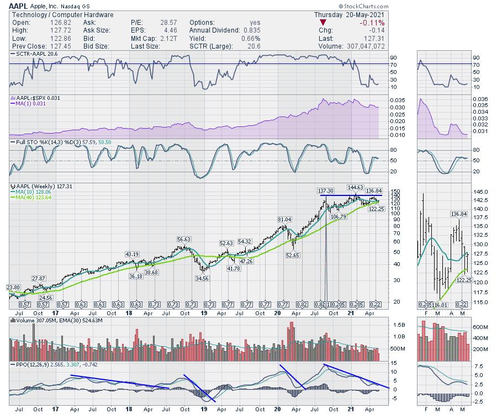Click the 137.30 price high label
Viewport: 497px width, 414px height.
point(326,191)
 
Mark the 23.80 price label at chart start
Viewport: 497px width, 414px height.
point(13,287)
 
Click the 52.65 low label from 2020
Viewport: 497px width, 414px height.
point(293,254)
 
